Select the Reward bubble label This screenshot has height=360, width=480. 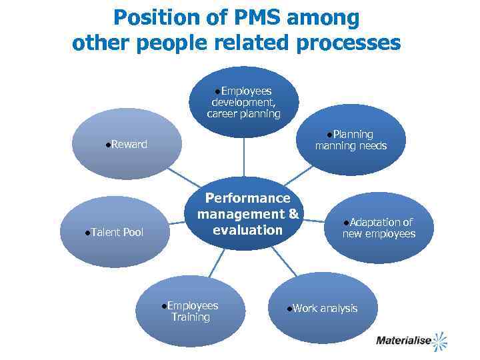(129, 145)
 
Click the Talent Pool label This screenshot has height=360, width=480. (117, 233)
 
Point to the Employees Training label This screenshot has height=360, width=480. (191, 311)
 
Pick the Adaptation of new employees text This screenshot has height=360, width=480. (379, 228)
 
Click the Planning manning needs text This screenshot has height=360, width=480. (351, 140)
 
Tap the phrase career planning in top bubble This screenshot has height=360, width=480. (243, 114)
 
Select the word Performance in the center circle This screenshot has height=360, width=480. (247, 198)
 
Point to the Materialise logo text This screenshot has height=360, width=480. (402, 341)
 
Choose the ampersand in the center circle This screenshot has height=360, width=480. (293, 214)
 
